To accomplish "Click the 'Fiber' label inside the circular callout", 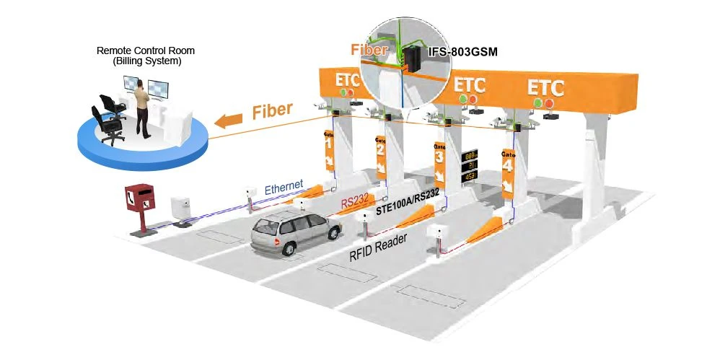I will pos(369,51).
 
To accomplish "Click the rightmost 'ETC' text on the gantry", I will pos(545,88).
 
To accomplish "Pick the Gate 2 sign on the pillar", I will pos(381,154).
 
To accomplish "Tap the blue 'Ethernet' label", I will pos(284,188).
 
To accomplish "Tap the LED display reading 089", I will pos(472,154).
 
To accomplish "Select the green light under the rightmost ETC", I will pos(537,103).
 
